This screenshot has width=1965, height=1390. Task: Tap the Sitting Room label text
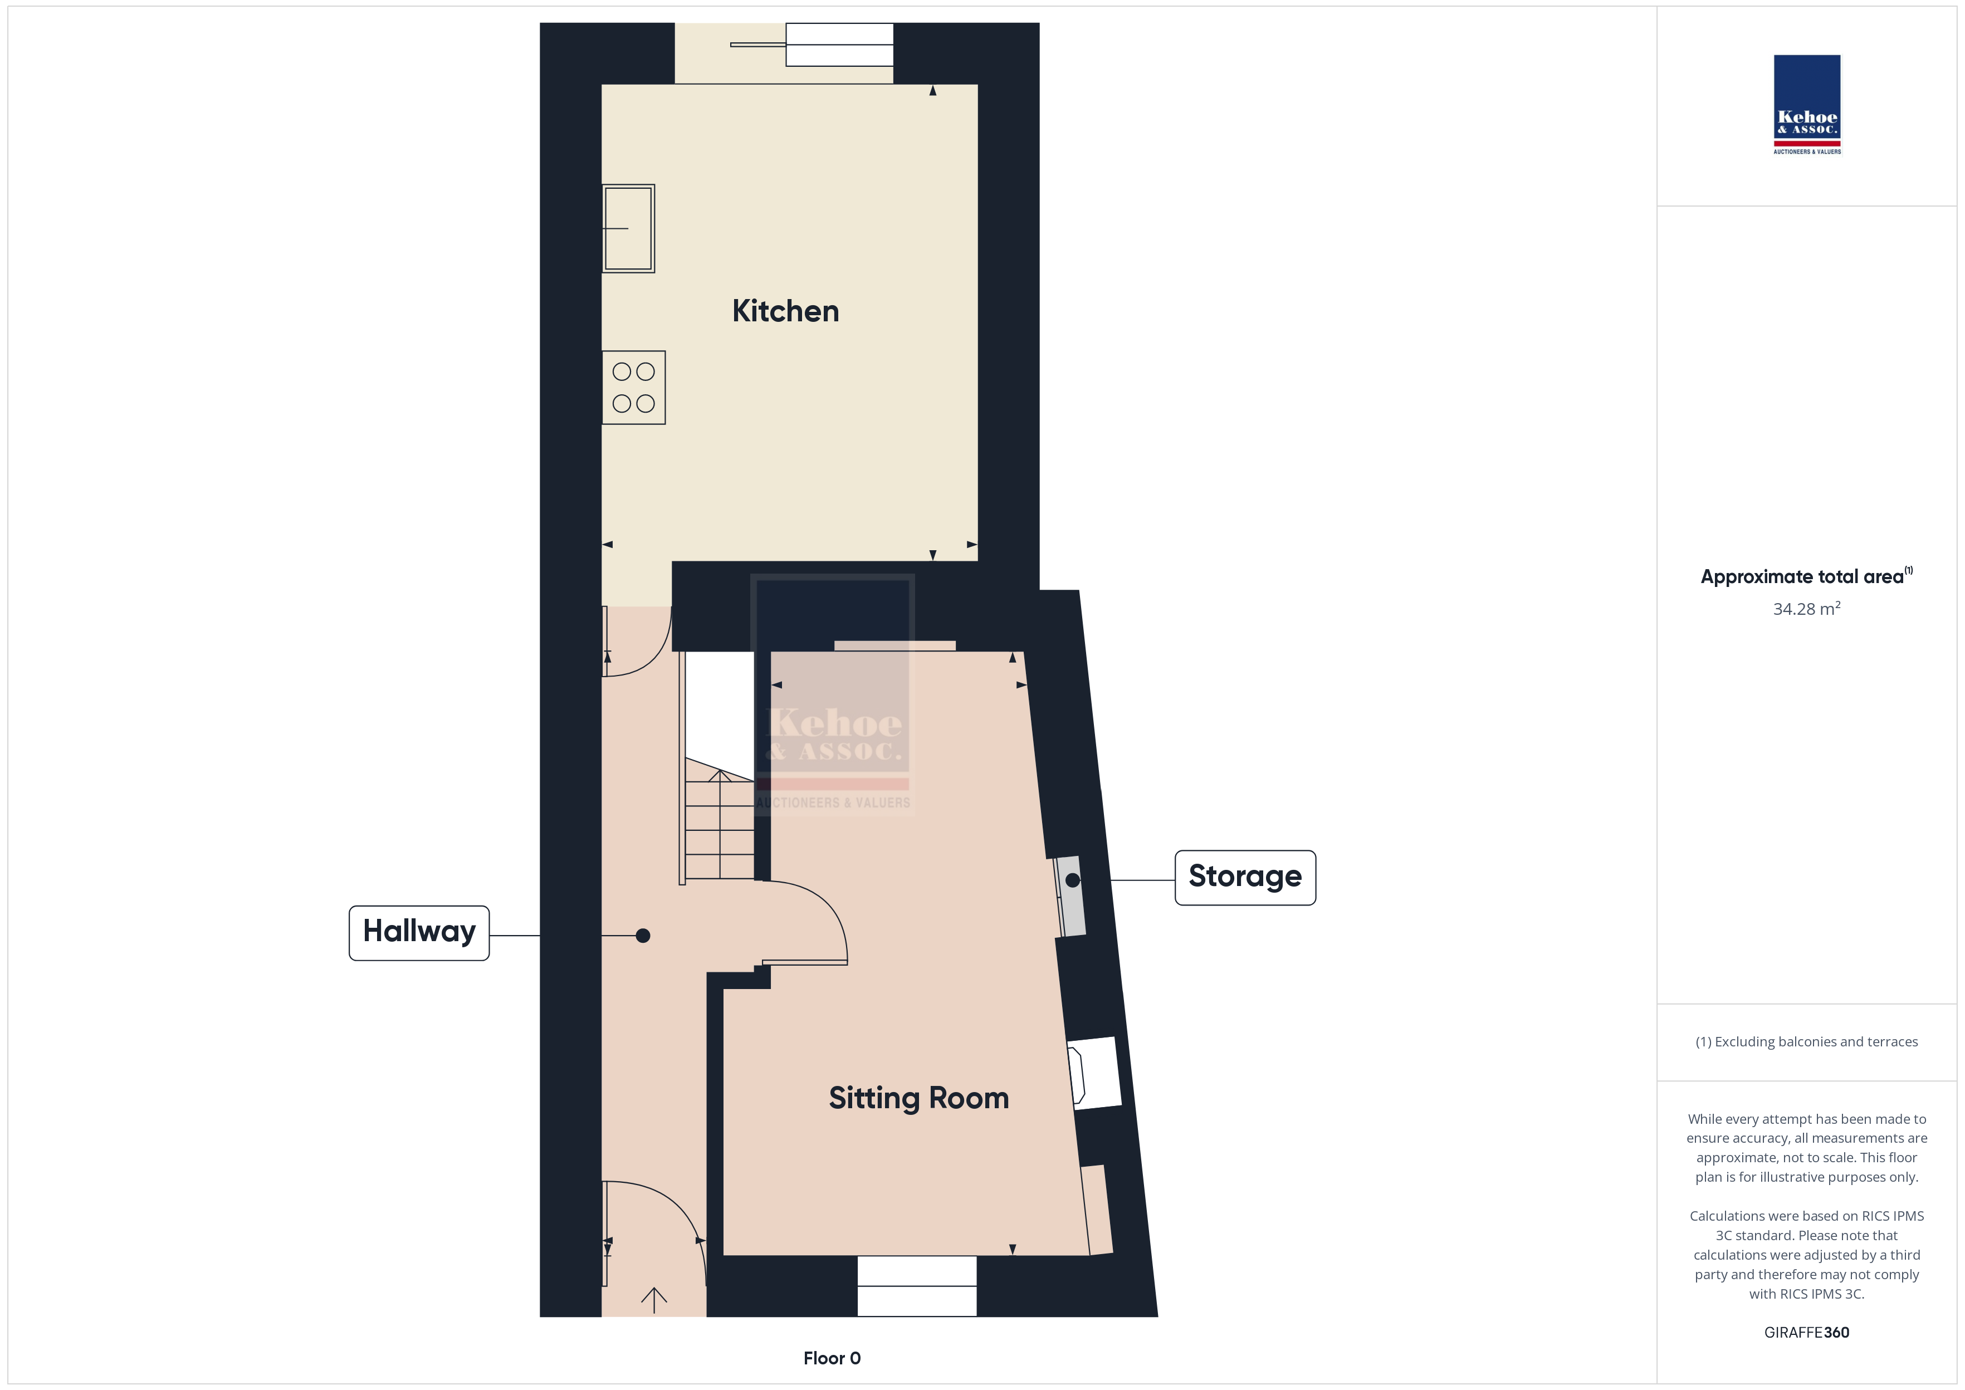coord(918,1098)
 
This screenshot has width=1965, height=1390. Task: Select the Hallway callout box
coord(419,933)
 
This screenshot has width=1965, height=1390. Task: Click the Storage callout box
coord(1245,877)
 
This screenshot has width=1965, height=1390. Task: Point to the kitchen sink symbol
coord(628,228)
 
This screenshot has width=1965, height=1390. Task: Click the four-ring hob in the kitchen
coord(633,388)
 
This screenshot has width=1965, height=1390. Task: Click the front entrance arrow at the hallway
coord(654,1299)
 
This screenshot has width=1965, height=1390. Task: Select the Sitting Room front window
coord(917,1285)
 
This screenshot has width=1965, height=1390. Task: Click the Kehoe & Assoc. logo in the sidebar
coord(1807,105)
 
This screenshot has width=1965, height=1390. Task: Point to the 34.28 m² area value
coord(1807,609)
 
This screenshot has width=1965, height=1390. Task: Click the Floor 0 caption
coord(832,1358)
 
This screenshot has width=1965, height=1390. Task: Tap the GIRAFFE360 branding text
coord(1807,1332)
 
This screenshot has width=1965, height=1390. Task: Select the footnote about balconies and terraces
coord(1807,1041)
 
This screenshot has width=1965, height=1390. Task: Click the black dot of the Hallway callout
coord(643,936)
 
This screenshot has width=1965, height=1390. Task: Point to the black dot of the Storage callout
coord(1072,880)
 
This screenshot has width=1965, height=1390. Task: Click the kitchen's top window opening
coord(784,53)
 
